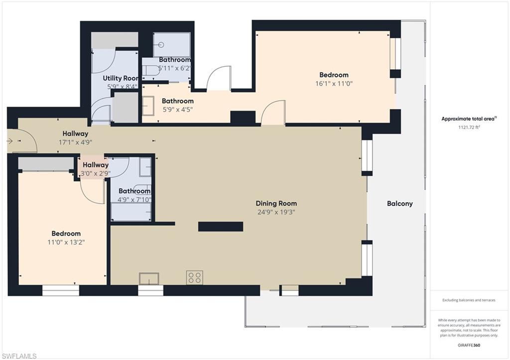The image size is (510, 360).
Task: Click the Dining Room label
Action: pos(276,204)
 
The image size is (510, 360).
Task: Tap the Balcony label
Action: pos(400,204)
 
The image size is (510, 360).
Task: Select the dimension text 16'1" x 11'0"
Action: pos(334,84)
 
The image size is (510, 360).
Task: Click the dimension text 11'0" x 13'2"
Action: pos(66,242)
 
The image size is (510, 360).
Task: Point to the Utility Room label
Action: pos(121,78)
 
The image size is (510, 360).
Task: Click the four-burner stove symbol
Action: pos(195,277)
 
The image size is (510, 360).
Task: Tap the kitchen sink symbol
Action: pos(149,279)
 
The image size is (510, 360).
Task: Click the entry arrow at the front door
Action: pos(9,141)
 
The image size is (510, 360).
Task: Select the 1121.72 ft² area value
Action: pos(469,127)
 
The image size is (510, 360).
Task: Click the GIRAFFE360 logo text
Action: pos(469,345)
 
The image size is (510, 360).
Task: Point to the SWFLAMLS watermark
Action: pos(18,356)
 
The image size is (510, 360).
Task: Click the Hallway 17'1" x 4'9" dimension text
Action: pos(76,142)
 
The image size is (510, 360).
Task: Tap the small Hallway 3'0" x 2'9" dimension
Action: pos(96,174)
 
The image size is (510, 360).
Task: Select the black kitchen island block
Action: pos(221,227)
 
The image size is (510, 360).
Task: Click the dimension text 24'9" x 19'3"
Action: pos(276,212)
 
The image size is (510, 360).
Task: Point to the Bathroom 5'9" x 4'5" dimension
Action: pos(178,110)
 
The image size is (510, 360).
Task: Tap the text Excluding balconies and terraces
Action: pos(469,300)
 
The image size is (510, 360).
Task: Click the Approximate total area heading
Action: pos(469,119)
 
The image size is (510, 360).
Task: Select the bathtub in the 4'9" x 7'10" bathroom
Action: pos(131,212)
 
